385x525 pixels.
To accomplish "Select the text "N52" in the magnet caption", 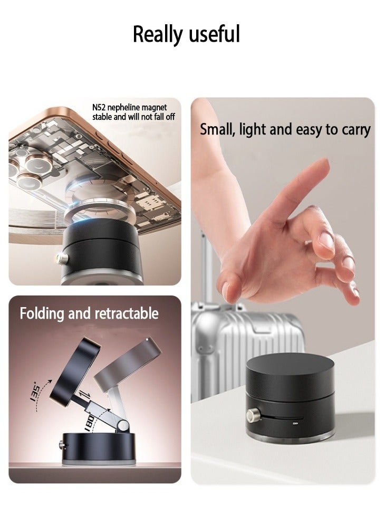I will click(x=100, y=108).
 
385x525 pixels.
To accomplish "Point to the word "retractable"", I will click(x=126, y=313).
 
